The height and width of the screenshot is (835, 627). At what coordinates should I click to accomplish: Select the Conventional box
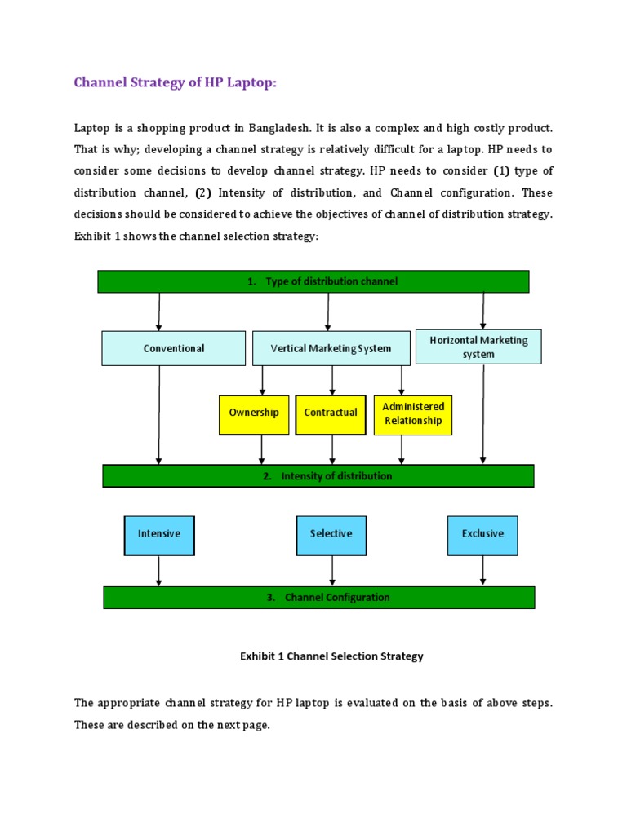click(x=173, y=348)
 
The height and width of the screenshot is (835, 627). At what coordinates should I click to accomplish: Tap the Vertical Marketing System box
click(x=331, y=348)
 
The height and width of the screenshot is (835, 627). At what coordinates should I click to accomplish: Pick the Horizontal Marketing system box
click(x=478, y=347)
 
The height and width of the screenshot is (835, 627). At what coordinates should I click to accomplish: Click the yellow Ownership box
click(x=254, y=413)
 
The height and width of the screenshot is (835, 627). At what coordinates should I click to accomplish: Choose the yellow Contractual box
click(x=331, y=413)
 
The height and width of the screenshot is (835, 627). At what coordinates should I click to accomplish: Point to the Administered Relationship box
click(x=413, y=413)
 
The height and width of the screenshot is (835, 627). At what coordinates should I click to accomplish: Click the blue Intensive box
click(x=159, y=534)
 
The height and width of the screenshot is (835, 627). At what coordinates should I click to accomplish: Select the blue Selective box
click(x=331, y=534)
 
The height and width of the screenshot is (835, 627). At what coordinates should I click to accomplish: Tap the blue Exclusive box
click(x=482, y=534)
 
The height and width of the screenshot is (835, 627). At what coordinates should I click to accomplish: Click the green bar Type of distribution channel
click(x=313, y=281)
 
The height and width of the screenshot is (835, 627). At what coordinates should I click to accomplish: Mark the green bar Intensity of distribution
click(x=318, y=476)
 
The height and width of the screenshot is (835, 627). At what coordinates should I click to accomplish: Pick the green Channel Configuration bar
click(x=318, y=598)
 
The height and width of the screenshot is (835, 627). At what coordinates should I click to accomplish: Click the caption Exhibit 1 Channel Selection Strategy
click(x=331, y=656)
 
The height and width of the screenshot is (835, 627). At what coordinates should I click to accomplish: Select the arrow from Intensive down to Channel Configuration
click(x=159, y=571)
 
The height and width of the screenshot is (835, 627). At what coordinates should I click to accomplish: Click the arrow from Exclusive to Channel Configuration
click(x=483, y=571)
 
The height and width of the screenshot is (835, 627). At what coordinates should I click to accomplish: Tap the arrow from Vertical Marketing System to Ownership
click(x=262, y=381)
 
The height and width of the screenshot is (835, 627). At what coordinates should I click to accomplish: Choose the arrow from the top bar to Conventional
click(x=159, y=311)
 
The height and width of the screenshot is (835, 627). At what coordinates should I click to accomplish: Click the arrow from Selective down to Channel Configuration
click(x=331, y=571)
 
